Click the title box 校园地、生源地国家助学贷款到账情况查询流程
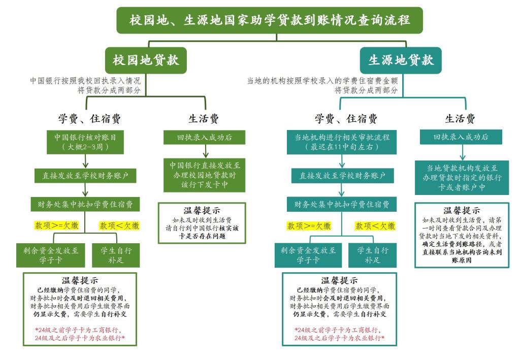(269, 20)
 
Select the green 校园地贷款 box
(146, 60)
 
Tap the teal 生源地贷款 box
(401, 60)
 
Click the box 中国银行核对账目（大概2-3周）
(85, 142)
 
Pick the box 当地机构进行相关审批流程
(342, 142)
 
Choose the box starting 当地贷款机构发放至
(462, 178)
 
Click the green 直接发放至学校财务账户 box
(85, 176)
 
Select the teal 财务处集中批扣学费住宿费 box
(342, 205)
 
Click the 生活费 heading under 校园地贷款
(204, 119)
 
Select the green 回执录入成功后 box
(204, 137)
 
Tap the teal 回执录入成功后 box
(461, 137)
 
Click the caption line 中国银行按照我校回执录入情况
(85, 80)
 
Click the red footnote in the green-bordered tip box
(80, 334)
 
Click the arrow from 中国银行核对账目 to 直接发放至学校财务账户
(85, 161)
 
